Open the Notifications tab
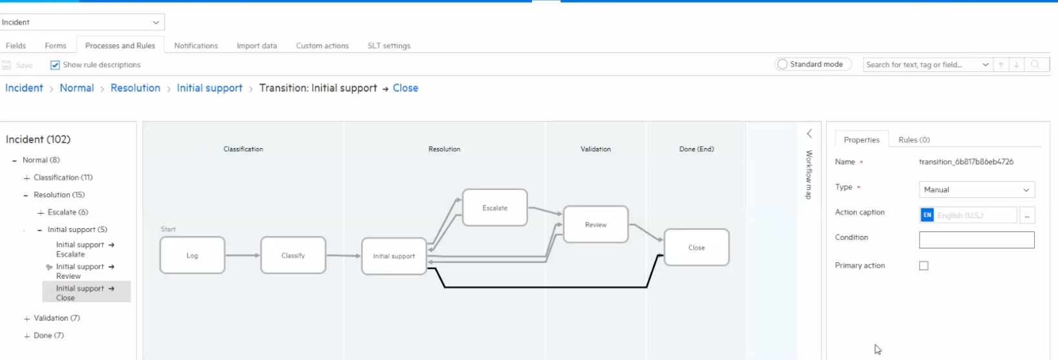tap(196, 46)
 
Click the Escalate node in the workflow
tap(495, 208)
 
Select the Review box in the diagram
tap(596, 224)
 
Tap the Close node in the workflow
tap(697, 248)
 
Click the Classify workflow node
tap(293, 255)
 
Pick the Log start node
tap(192, 255)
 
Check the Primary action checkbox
tap(924, 266)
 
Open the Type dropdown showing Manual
tap(977, 189)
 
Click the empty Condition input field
tap(977, 240)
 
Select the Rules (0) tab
tap(914, 140)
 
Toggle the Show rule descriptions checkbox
tap(56, 65)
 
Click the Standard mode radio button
tap(783, 64)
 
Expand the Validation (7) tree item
tap(27, 319)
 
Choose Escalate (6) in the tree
tap(68, 212)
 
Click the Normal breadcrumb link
tap(77, 88)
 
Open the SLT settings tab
tap(389, 46)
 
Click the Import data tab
tap(257, 46)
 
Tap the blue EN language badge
tap(927, 215)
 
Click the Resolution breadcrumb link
tap(136, 88)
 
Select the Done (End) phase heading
tap(697, 149)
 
